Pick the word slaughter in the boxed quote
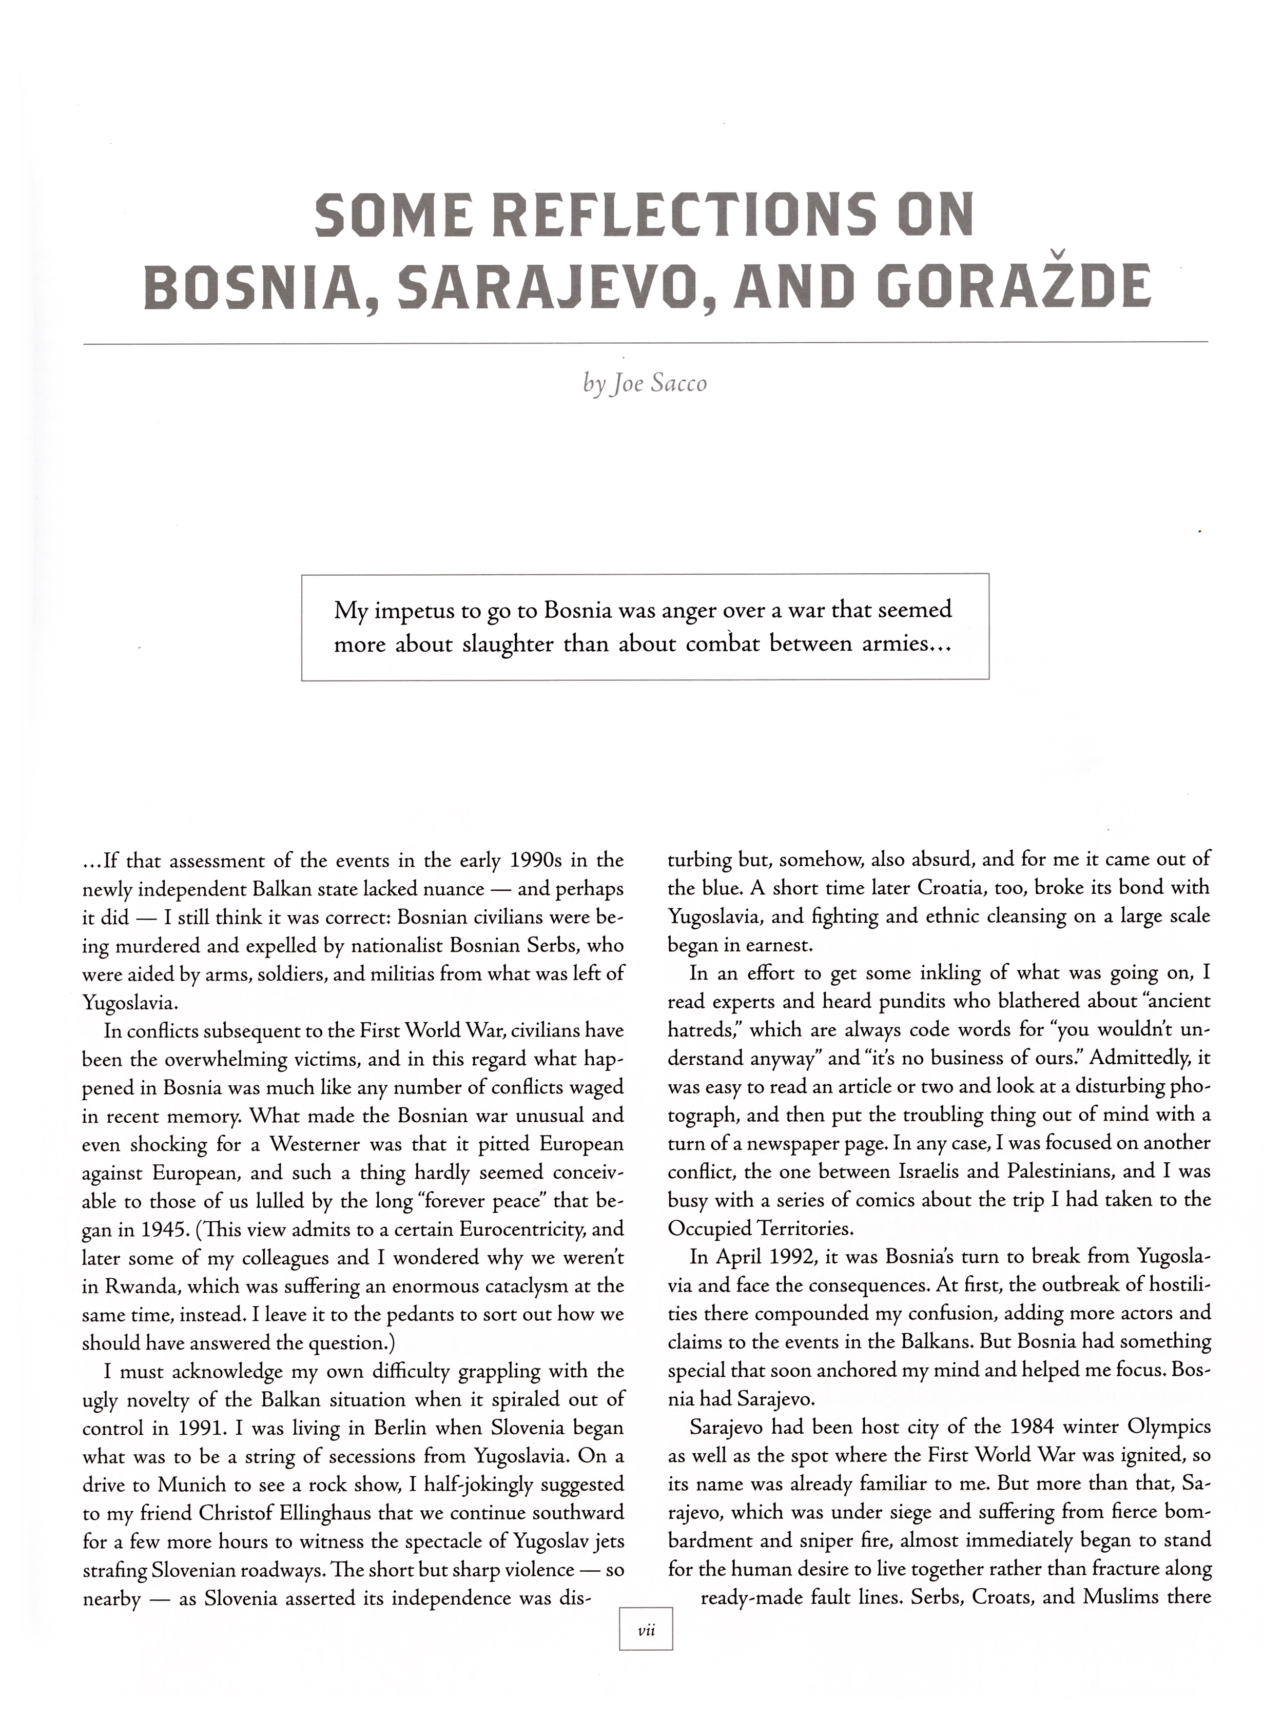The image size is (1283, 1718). [x=508, y=645]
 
